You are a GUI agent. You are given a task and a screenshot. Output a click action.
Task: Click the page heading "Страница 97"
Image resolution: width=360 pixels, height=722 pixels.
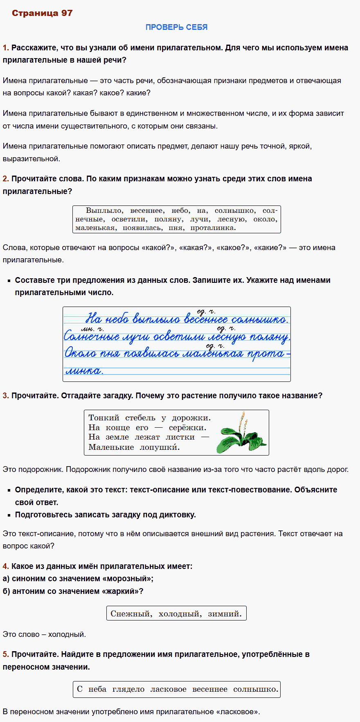coord(42,13)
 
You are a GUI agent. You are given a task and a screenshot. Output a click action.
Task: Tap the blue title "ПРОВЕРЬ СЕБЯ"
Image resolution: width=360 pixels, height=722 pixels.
coord(176,27)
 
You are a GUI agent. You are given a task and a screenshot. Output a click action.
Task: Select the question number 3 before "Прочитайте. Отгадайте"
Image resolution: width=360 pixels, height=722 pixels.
coord(5,396)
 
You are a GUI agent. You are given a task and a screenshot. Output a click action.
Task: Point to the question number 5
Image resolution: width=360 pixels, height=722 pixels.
coord(5,654)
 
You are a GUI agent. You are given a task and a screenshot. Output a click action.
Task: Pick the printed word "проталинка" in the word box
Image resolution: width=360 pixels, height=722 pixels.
coord(213,228)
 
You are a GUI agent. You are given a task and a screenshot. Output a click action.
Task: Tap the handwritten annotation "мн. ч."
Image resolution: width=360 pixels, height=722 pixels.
coord(92,329)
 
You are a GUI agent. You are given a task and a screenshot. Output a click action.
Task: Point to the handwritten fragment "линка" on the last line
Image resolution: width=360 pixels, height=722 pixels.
coord(84,371)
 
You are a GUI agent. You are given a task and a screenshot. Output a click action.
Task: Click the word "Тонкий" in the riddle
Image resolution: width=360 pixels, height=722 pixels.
coord(104,418)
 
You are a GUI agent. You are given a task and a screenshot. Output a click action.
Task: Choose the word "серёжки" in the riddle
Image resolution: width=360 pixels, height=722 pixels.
coord(187,428)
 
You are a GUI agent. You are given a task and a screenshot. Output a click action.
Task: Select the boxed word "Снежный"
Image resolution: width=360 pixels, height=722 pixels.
coord(131,614)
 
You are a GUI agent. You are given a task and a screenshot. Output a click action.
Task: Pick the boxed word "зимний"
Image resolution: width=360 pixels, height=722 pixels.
coord(225,614)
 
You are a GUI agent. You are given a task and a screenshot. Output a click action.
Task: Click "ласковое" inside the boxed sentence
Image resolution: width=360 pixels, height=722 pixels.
coord(168,689)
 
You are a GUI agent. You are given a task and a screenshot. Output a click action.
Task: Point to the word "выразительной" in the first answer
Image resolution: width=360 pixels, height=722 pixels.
coord(31,159)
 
